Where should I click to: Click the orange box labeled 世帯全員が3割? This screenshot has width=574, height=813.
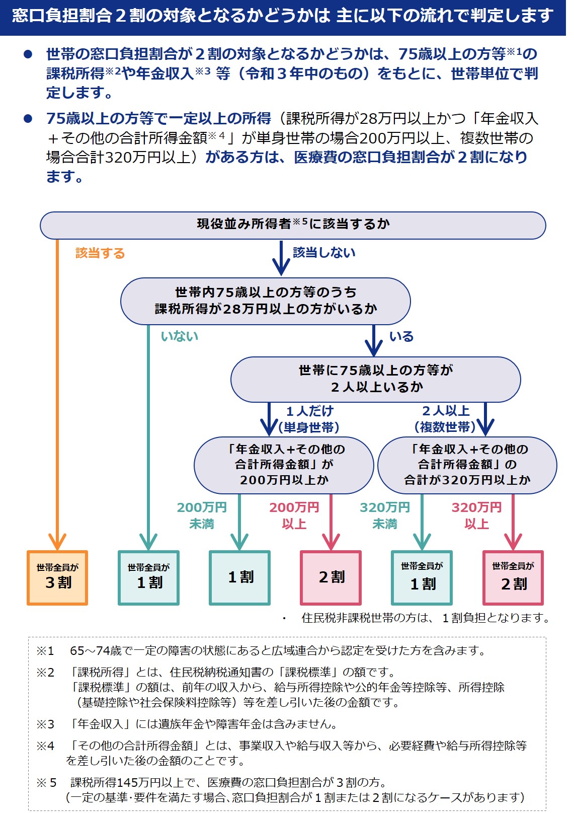pyautogui.click(x=57, y=577)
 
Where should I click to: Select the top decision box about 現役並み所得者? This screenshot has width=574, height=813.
pyautogui.click(x=293, y=225)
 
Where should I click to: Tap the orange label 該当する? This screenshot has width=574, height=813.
pyautogui.click(x=100, y=253)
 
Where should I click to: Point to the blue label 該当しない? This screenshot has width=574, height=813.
pyautogui.click(x=324, y=252)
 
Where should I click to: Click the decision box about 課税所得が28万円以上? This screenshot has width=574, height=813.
pyautogui.click(x=266, y=301)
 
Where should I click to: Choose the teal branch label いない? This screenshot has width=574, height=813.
pyautogui.click(x=180, y=336)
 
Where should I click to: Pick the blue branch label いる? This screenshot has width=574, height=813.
pyautogui.click(x=401, y=336)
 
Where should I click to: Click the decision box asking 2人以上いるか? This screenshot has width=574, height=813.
pyautogui.click(x=375, y=379)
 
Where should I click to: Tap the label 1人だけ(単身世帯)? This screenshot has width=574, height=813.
pyautogui.click(x=309, y=419)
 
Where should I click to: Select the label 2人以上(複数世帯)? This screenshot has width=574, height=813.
pyautogui.click(x=445, y=419)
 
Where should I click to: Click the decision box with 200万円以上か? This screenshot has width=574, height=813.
pyautogui.click(x=284, y=465)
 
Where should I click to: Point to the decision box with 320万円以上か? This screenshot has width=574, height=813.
pyautogui.click(x=467, y=465)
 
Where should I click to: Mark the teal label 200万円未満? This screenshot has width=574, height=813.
pyautogui.click(x=202, y=515)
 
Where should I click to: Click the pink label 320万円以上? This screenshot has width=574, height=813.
pyautogui.click(x=476, y=515)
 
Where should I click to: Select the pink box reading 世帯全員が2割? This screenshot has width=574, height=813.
pyautogui.click(x=513, y=577)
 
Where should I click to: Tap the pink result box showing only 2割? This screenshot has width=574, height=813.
pyautogui.click(x=331, y=577)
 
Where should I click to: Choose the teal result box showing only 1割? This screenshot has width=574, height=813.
pyautogui.click(x=240, y=577)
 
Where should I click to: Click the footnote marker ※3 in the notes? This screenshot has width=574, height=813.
pyautogui.click(x=45, y=724)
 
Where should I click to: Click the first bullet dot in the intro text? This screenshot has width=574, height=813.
pyautogui.click(x=28, y=54)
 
